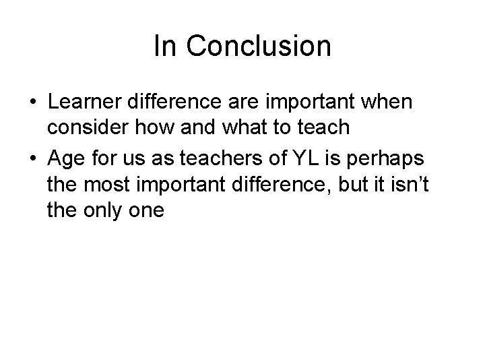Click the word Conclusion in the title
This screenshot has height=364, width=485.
point(258,47)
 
